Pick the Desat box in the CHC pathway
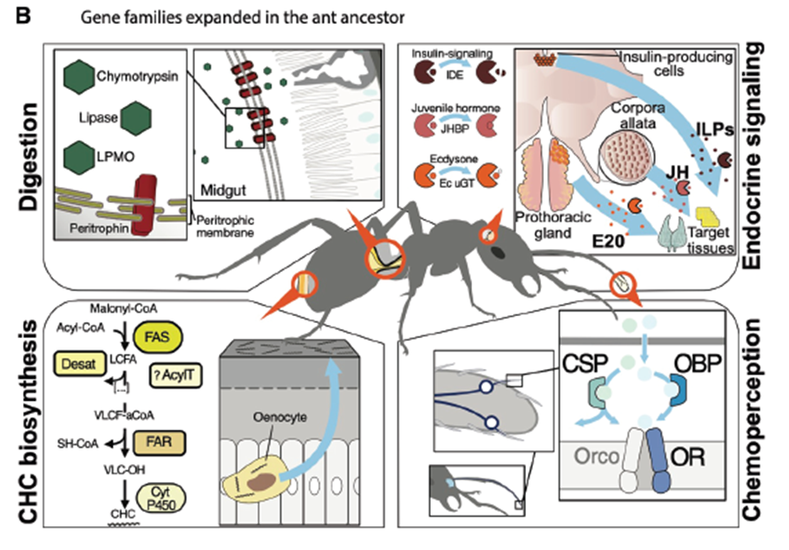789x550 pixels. pos(77,361)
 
